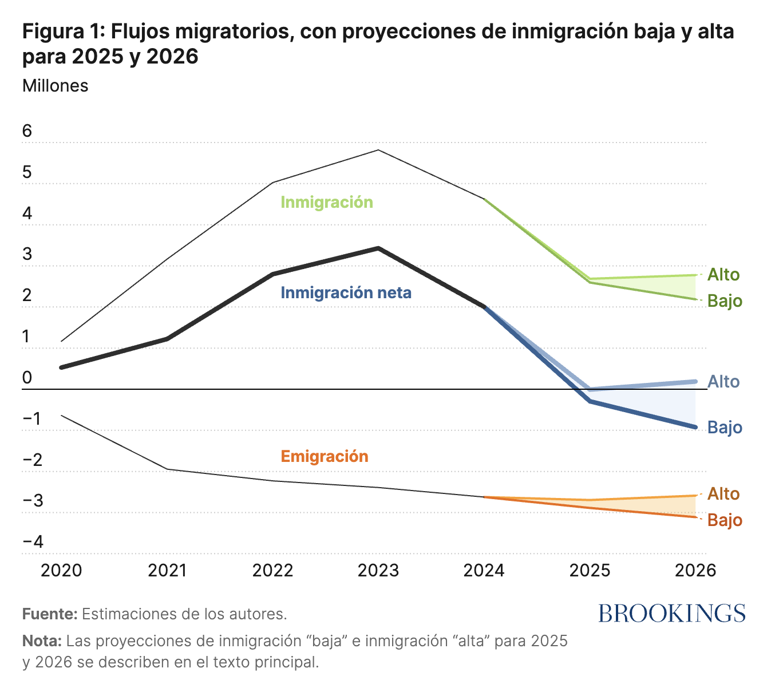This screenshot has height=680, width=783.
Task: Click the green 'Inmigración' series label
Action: pyautogui.click(x=326, y=202)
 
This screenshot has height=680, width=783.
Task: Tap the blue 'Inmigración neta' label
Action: pyautogui.click(x=346, y=292)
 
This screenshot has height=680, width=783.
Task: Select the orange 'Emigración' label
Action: pyautogui.click(x=324, y=456)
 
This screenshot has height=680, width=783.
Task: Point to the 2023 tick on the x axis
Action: pyautogui.click(x=378, y=570)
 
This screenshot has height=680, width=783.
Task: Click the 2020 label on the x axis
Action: pyautogui.click(x=62, y=570)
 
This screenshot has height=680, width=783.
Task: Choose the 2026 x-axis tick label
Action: pyautogui.click(x=695, y=570)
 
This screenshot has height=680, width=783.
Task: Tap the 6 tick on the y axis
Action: pyautogui.click(x=27, y=131)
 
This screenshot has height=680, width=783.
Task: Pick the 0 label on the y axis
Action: pyautogui.click(x=27, y=378)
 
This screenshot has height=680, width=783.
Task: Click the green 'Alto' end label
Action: pyautogui.click(x=723, y=275)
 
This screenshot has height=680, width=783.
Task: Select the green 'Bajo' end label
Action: pyautogui.click(x=725, y=301)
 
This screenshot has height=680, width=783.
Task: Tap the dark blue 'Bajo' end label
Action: pyautogui.click(x=725, y=427)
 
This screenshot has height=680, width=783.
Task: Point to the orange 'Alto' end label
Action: pyautogui.click(x=723, y=493)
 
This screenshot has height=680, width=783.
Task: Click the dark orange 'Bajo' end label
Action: pyautogui.click(x=725, y=520)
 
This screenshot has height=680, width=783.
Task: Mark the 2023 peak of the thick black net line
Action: pyautogui.click(x=378, y=248)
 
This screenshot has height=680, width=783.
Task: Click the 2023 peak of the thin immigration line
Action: pyautogui.click(x=378, y=150)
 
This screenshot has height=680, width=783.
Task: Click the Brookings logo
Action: pyautogui.click(x=672, y=613)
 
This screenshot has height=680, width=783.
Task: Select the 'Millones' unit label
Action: pyautogui.click(x=55, y=85)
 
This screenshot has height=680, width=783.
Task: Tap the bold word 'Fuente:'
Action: pyautogui.click(x=49, y=614)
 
